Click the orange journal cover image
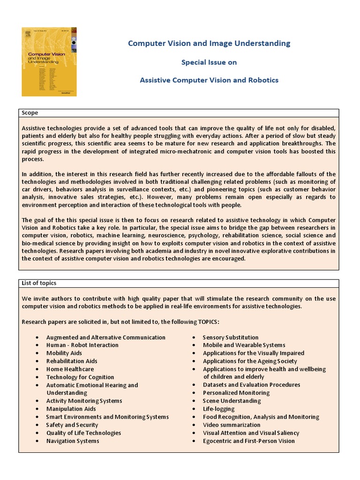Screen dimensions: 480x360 click(x=49, y=61)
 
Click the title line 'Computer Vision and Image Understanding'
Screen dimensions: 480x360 click(x=209, y=44)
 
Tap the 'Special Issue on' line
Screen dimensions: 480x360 click(x=209, y=62)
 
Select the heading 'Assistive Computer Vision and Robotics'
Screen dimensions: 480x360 click(x=209, y=80)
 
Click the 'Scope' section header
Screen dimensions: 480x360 click(x=30, y=113)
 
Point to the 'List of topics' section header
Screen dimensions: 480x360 click(x=39, y=283)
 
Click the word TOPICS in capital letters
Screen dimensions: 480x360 click(x=204, y=322)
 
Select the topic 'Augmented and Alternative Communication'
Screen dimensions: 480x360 click(x=105, y=337)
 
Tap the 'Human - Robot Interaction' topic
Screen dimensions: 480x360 click(x=82, y=345)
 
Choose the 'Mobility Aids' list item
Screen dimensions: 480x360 click(x=64, y=353)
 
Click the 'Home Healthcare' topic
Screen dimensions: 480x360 click(x=70, y=369)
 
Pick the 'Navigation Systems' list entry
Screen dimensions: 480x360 click(x=73, y=441)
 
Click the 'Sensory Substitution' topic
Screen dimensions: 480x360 click(x=230, y=337)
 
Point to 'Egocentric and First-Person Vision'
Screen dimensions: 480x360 click(x=248, y=441)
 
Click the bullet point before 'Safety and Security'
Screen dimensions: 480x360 click(x=37, y=425)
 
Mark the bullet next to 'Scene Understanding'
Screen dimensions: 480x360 click(x=194, y=401)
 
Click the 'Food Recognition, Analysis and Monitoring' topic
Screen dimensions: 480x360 click(x=261, y=417)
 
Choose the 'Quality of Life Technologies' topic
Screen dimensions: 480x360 click(x=83, y=433)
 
